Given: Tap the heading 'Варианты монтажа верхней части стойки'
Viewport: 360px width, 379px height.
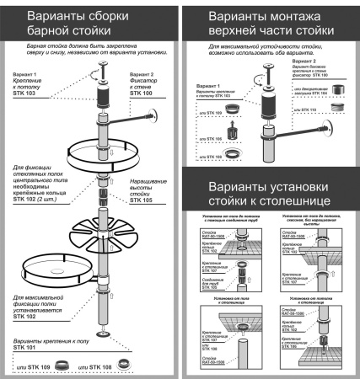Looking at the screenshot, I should coord(271,23).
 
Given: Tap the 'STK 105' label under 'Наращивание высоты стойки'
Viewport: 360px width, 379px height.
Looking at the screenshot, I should coord(144,201).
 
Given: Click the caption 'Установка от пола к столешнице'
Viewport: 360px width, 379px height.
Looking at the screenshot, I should coord(226,297).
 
